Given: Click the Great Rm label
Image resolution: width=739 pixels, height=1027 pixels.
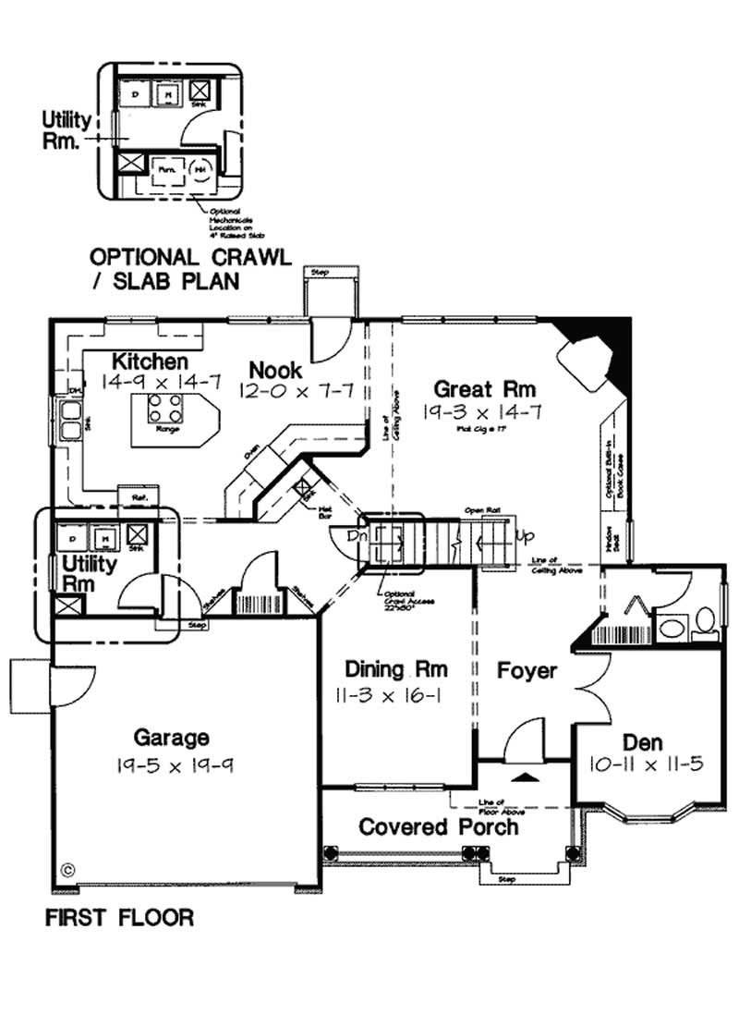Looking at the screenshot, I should (485, 389).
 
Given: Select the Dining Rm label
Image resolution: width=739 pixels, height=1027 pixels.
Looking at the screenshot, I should (396, 668).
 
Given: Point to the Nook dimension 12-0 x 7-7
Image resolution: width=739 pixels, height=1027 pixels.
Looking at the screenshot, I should (296, 392).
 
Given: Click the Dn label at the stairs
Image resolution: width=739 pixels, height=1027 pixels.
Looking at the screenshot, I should (356, 535).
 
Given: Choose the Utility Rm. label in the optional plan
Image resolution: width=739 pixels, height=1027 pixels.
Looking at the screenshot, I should (67, 130).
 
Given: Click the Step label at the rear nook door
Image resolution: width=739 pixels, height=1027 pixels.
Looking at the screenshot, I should (321, 273).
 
